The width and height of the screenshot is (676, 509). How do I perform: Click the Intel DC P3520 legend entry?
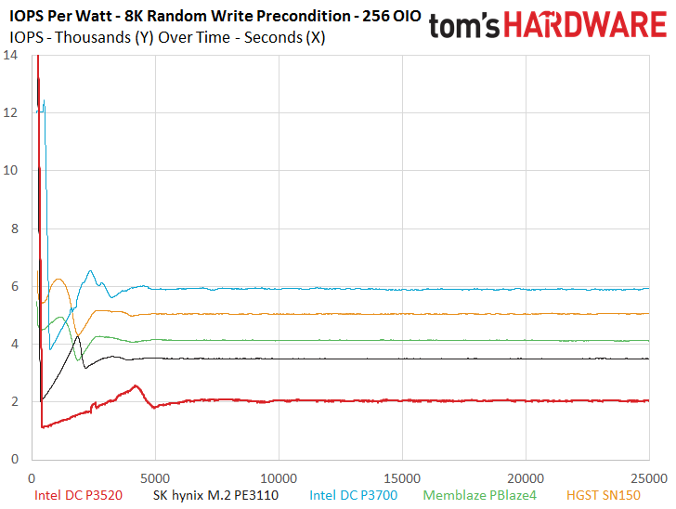coord(78,495)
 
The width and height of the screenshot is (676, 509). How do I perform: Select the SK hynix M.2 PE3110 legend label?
coord(215,495)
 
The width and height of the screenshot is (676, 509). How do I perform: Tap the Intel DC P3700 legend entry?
coord(353,495)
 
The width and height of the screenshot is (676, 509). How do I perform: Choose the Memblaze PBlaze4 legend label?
coord(479,495)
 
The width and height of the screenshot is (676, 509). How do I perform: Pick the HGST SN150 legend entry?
coord(604,495)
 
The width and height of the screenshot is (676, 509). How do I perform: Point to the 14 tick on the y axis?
coord(10,55)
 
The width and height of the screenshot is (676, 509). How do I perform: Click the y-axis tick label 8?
coord(15,228)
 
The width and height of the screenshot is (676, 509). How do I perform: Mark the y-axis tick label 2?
coord(15,401)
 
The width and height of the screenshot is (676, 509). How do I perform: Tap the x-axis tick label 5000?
coord(155,478)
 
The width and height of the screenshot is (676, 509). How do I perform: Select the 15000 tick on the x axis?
coord(402,478)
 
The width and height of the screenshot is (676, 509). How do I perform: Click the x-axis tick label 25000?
coord(649,478)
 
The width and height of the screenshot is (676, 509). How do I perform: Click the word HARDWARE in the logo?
coord(585,24)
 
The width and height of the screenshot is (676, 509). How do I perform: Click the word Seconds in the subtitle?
coord(273,37)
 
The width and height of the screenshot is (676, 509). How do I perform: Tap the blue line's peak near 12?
coord(44,100)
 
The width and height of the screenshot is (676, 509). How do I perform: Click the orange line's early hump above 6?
coord(58,280)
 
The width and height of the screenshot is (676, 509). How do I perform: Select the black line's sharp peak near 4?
coord(78,336)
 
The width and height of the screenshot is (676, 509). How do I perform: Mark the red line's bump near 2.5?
coord(136,385)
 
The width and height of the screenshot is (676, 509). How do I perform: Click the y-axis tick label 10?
coord(10,170)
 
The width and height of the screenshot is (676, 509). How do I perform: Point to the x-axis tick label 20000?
coord(526,478)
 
